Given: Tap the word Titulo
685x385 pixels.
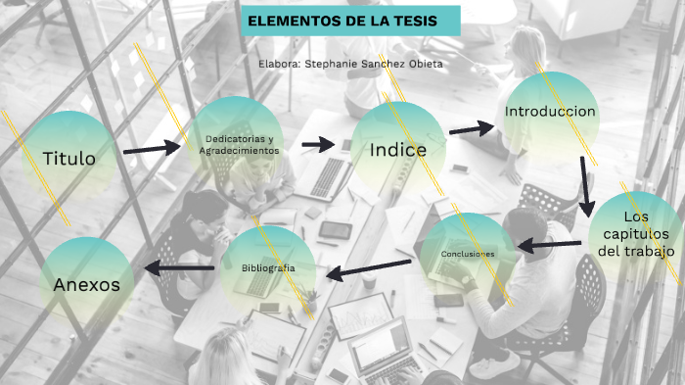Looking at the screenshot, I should click(68, 157).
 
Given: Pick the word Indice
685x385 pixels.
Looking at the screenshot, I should click(398, 150).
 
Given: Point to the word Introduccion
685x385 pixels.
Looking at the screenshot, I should click(550, 112).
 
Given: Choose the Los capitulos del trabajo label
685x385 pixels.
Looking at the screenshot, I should click(636, 234).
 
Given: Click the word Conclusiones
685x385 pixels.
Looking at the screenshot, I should click(467, 254).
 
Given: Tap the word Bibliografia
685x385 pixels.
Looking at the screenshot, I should click(268, 267).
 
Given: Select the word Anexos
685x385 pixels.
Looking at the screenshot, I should click(87, 285).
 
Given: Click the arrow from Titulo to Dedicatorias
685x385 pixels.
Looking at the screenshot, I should click(153, 149).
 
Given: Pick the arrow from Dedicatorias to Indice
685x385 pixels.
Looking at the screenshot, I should click(319, 144).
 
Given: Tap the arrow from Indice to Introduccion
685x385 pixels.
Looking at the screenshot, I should click(473, 127).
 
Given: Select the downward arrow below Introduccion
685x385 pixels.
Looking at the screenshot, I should click(585, 182).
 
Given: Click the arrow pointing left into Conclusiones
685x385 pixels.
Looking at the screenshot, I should click(549, 245).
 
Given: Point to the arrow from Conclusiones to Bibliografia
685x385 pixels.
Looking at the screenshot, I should click(368, 268).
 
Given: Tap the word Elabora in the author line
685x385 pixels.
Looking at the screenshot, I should click(279, 63).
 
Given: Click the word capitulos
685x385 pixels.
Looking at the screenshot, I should click(636, 234).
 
